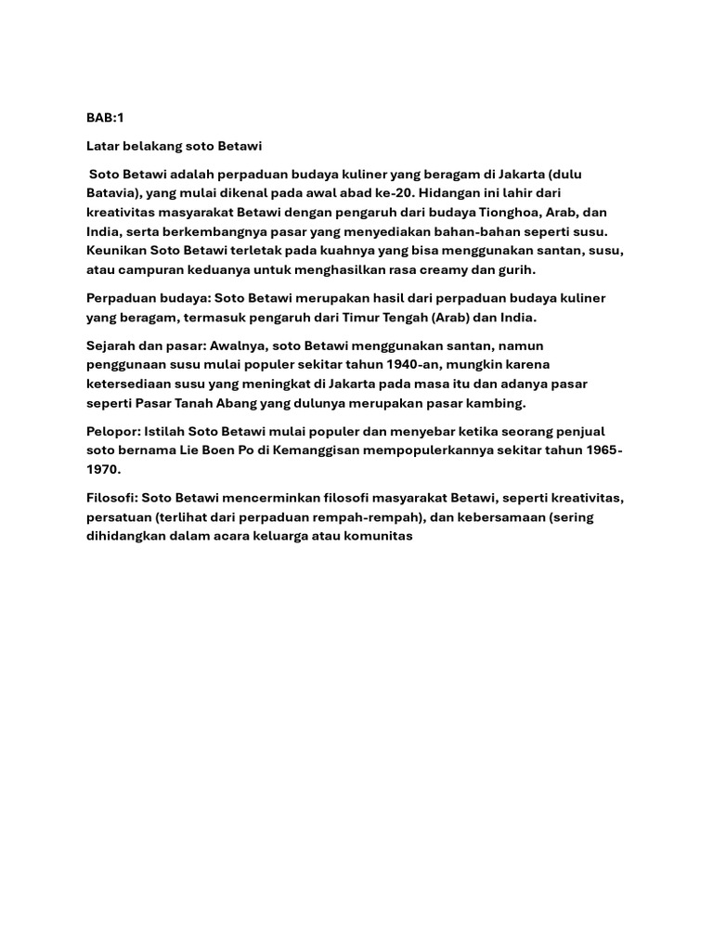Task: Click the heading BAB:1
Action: [x=104, y=118]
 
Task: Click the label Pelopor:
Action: [x=113, y=431]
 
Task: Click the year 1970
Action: [x=103, y=469]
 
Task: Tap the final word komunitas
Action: [x=375, y=536]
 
